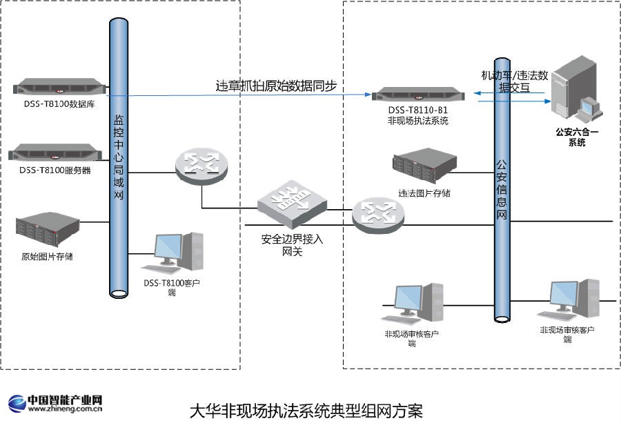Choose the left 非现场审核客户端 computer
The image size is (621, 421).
click(x=414, y=304)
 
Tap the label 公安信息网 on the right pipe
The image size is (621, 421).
click(x=502, y=190)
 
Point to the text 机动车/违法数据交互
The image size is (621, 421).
click(x=514, y=81)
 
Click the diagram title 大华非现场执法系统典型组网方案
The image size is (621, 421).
click(x=306, y=410)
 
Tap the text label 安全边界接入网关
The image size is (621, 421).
click(x=292, y=246)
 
